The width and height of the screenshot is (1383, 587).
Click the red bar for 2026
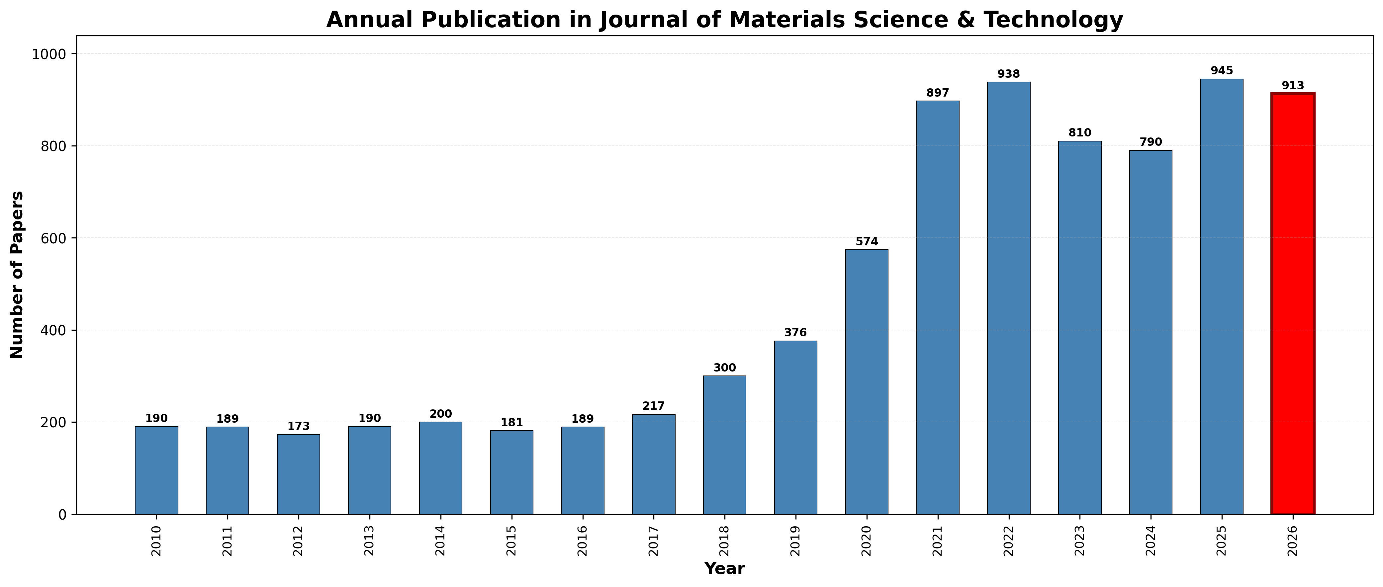(x=1292, y=304)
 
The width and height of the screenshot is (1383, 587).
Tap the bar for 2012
(x=299, y=474)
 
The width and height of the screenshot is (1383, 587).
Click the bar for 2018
(x=724, y=445)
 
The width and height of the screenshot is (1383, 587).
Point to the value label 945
(x=1221, y=71)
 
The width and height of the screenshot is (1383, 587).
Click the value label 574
(x=867, y=242)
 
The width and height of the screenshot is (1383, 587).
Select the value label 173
(x=299, y=427)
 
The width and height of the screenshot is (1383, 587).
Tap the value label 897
(x=937, y=93)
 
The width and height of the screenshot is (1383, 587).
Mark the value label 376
(x=795, y=333)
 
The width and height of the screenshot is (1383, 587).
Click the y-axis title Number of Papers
(x=17, y=275)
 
